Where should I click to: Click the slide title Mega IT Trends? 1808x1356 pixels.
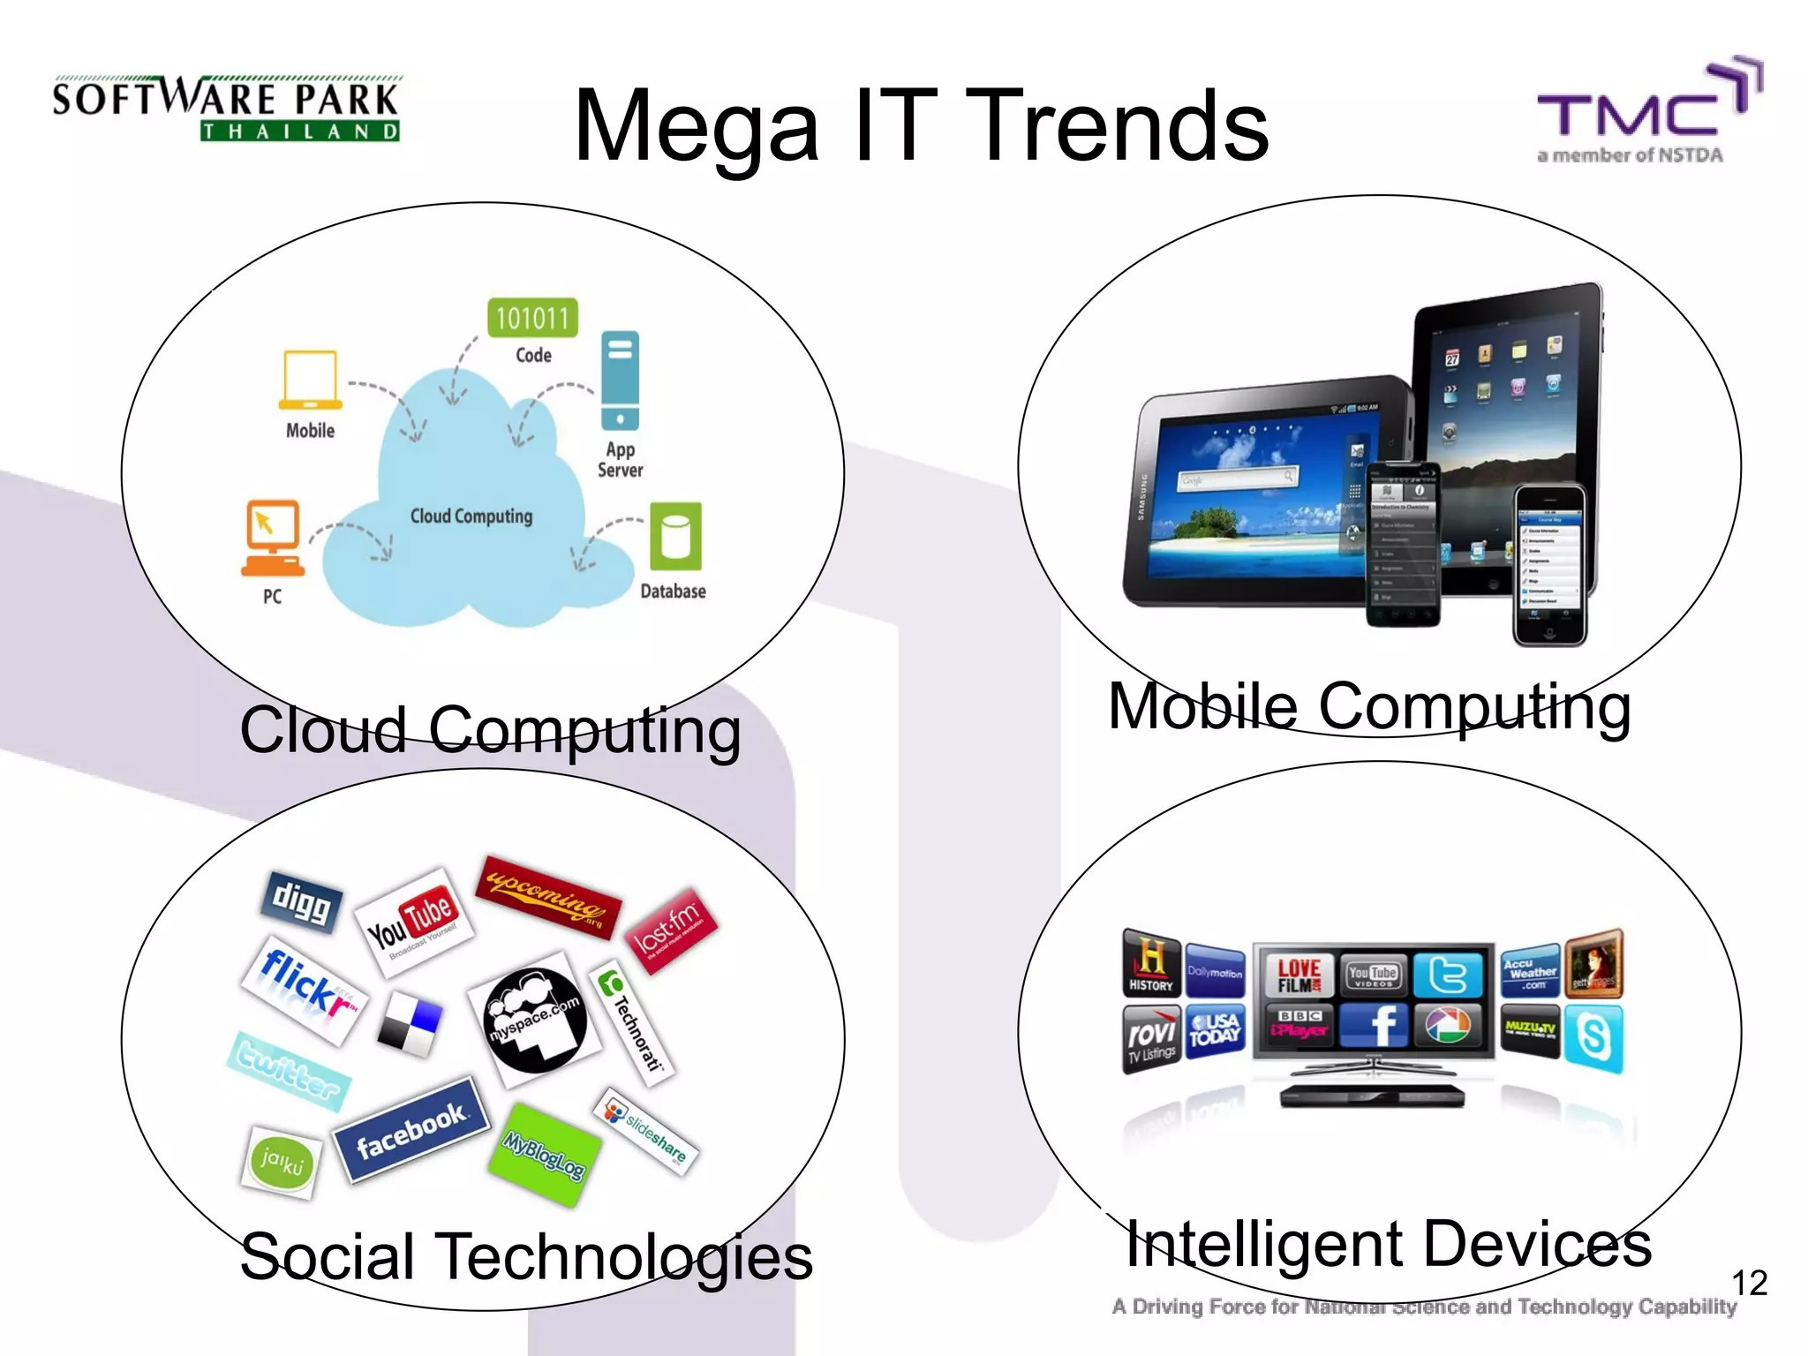pyautogui.click(x=921, y=125)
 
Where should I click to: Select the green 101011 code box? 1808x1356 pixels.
pyautogui.click(x=532, y=318)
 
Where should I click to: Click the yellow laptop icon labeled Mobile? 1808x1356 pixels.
pyautogui.click(x=310, y=380)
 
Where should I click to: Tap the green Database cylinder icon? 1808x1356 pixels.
pyautogui.click(x=675, y=537)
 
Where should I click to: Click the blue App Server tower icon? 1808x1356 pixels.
pyautogui.click(x=620, y=380)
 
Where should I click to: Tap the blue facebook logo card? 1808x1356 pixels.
pyautogui.click(x=411, y=1129)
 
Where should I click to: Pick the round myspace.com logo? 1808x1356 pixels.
pyautogui.click(x=535, y=1021)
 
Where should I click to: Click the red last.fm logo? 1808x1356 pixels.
pyautogui.click(x=670, y=930)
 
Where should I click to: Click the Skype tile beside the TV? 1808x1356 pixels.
pyautogui.click(x=1593, y=1036)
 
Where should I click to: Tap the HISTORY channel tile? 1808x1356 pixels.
pyautogui.click(x=1151, y=963)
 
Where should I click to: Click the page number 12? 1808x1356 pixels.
pyautogui.click(x=1749, y=1283)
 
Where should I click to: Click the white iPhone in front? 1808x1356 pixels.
pyautogui.click(x=1550, y=565)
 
